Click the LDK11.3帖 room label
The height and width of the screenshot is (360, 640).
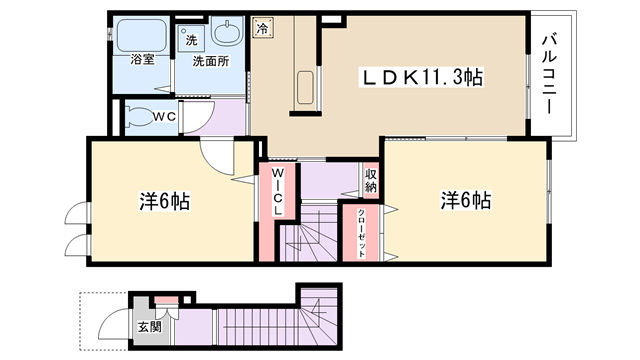(421, 77)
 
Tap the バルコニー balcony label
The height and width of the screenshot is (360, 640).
(549, 74)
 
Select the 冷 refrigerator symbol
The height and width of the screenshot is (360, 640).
(262, 28)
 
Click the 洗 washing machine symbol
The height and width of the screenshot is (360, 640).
(191, 40)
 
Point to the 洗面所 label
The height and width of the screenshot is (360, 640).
(211, 61)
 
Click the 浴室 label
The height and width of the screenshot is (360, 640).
(142, 59)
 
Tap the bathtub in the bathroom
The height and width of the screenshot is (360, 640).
(142, 36)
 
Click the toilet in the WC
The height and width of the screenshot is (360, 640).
(138, 117)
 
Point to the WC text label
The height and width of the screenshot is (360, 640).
(164, 116)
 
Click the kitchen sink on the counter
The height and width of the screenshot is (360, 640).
(305, 87)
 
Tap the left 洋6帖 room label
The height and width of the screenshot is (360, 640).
(164, 201)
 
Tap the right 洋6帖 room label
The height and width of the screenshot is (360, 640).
(466, 200)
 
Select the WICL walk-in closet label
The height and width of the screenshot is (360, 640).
(278, 191)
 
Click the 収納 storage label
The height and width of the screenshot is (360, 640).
(371, 180)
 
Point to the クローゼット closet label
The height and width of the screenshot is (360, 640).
(362, 233)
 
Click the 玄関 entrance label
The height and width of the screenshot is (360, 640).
(149, 327)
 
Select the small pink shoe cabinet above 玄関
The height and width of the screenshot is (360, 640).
(166, 300)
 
